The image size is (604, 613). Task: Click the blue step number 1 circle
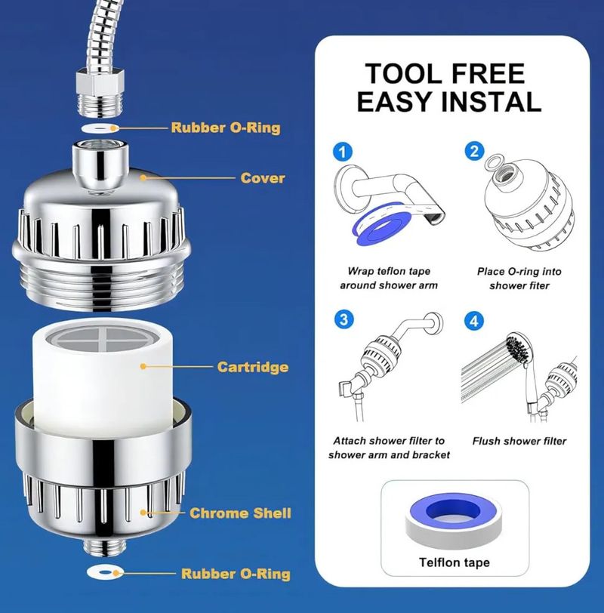(x=343, y=152)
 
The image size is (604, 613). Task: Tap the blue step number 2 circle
(x=474, y=151)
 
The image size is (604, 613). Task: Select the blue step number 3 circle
(x=344, y=319)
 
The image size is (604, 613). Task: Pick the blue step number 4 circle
(x=474, y=321)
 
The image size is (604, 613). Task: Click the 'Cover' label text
(x=263, y=178)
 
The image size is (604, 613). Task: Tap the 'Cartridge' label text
(x=252, y=367)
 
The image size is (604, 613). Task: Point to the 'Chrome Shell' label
(x=240, y=513)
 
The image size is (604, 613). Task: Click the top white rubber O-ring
(x=100, y=128)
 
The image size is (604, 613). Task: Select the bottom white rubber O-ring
(x=105, y=572)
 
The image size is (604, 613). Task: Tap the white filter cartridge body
(x=103, y=375)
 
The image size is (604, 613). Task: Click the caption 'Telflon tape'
(x=455, y=562)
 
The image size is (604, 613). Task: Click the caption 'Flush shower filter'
(x=519, y=441)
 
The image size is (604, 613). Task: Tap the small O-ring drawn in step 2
(x=494, y=160)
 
